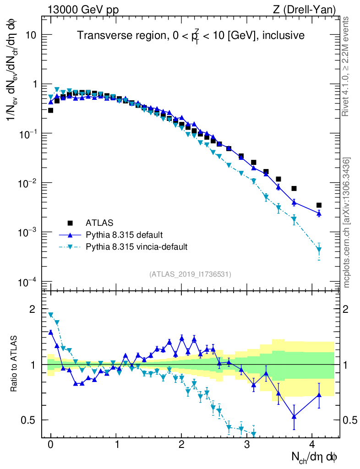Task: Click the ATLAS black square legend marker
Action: tap(70, 223)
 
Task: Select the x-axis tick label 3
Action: tap(247, 445)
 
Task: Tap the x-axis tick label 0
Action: tap(50, 445)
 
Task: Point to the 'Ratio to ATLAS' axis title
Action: tap(14, 365)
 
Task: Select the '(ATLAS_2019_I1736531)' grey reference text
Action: tap(190, 274)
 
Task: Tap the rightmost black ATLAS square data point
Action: tap(319, 205)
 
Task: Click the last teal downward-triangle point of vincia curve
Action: tap(319, 250)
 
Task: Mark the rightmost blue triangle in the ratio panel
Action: tap(319, 395)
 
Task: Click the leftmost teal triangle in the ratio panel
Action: tap(51, 315)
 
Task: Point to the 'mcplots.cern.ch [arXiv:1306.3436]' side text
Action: tap(347, 223)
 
